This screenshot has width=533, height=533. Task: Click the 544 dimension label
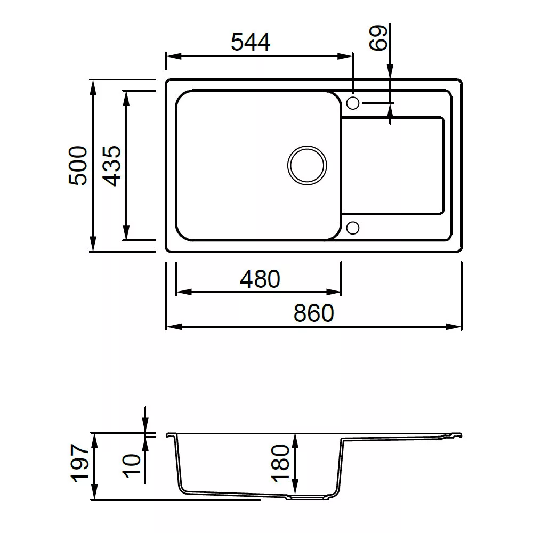coord(251,42)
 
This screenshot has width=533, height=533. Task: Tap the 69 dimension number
coord(378,38)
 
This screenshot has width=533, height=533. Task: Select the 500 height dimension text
coord(78,166)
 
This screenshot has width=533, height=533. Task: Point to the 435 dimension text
coord(112,166)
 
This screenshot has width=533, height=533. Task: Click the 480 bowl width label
coord(260,279)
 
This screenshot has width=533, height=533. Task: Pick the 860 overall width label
coord(314,313)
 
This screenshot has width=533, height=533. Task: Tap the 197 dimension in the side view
coord(80,463)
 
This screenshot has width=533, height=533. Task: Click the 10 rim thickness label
coord(131,466)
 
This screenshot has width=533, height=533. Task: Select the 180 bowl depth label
coord(280,463)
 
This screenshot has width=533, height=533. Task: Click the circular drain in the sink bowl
coord(307,166)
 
